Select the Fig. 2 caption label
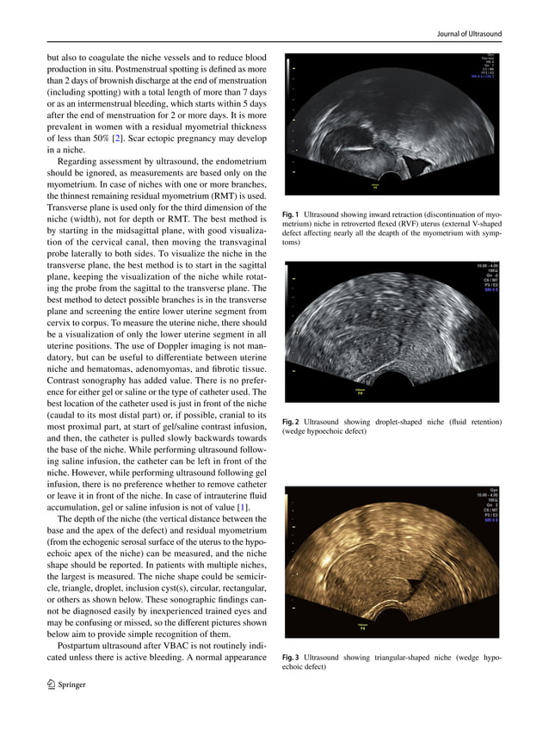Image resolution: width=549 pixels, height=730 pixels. click(290, 422)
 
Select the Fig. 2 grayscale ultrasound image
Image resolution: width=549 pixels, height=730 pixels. click(392, 332)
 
